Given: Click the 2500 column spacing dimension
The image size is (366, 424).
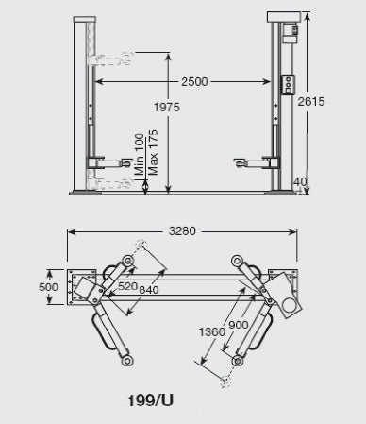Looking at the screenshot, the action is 194,82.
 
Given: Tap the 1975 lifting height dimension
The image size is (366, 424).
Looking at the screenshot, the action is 167,108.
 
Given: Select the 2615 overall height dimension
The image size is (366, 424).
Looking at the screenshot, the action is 311,102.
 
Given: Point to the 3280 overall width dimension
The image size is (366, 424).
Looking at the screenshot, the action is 182,231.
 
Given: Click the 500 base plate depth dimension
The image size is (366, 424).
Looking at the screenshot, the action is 48,287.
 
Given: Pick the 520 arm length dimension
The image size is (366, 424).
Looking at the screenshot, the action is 127,286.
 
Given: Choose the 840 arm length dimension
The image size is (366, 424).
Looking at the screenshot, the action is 149,290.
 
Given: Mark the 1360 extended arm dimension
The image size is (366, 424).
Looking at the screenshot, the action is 212,331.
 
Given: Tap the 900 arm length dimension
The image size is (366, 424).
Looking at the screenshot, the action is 238,325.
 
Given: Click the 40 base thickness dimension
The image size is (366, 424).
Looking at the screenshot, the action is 300,182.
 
